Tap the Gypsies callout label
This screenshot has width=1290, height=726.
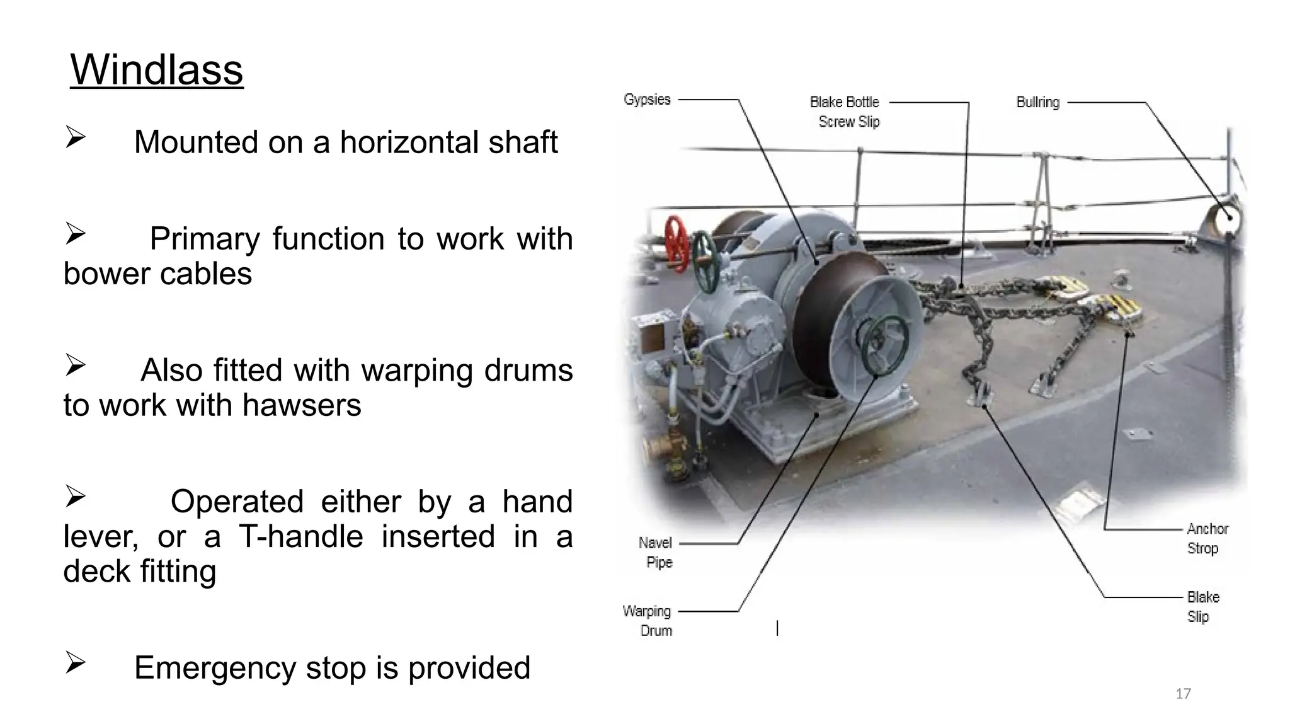pos(647,100)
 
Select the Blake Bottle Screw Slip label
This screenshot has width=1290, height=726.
pos(845,112)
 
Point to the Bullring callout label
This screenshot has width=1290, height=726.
pos(1038,102)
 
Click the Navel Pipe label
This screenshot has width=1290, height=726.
pos(656,552)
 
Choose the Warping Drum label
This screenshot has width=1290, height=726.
pos(648,621)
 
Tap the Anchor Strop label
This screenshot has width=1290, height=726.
pos(1207,538)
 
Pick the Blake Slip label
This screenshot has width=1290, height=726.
pos(1203,606)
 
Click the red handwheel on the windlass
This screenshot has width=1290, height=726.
pos(678,243)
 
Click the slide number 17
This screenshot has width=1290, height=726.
pos(1183,694)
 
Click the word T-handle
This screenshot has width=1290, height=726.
pos(301,536)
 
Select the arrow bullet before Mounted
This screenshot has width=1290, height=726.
pos(75,137)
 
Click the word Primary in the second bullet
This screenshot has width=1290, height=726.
pos(205,239)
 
